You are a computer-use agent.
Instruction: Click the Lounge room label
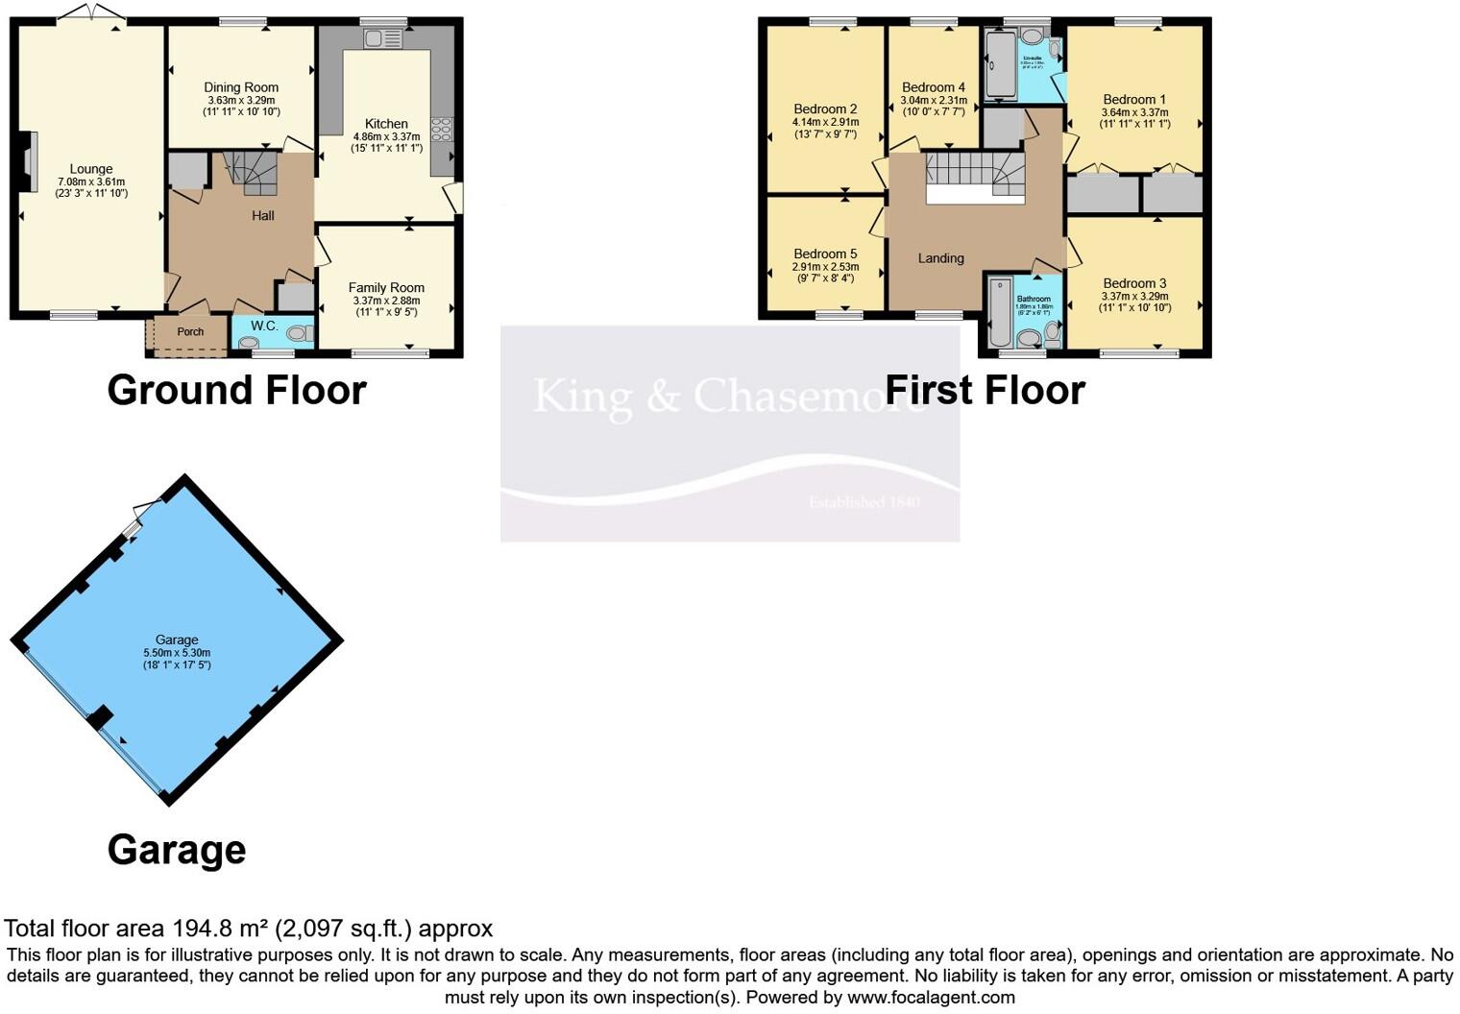pos(91,169)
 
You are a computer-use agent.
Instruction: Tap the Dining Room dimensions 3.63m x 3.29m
pos(241,100)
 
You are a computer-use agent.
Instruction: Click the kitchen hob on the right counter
pos(443,129)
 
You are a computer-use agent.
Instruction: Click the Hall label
pos(263,216)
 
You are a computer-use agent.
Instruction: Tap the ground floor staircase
pos(252,172)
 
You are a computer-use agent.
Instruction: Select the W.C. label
pos(264,326)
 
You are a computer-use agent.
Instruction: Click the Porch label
pos(190,332)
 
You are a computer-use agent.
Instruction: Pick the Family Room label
pos(386,287)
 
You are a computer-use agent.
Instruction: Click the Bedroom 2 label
pos(825,109)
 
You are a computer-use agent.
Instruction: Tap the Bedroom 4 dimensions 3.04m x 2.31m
pos(933,100)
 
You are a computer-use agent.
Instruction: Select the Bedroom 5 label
pos(825,253)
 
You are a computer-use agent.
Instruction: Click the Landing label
pos(940,258)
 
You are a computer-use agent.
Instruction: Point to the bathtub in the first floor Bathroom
pos(999,312)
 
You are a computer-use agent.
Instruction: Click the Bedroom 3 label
pos(1134,283)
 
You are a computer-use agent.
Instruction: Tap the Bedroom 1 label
pos(1134,99)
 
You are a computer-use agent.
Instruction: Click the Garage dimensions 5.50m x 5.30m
pos(177,653)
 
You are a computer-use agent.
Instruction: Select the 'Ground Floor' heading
pos(236,390)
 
